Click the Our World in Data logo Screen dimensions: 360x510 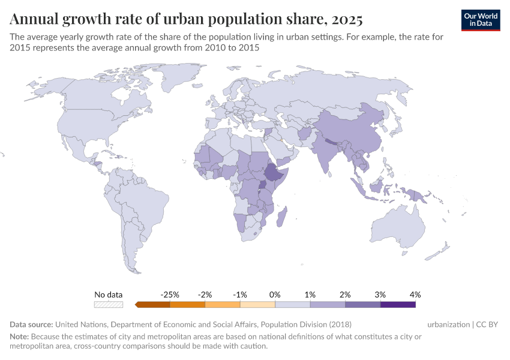(x=481, y=20)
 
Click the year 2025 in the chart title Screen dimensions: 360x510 (x=346, y=20)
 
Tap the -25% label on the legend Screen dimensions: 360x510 (x=170, y=295)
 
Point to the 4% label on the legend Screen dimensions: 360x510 (x=415, y=295)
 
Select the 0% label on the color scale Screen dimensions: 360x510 (x=275, y=295)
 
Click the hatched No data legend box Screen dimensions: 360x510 (x=109, y=305)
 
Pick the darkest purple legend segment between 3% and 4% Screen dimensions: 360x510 (x=398, y=305)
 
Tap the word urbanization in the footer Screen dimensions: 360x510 (x=448, y=325)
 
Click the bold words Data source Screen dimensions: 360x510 (x=31, y=325)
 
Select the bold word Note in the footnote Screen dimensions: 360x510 (x=19, y=337)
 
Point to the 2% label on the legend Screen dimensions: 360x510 (x=345, y=295)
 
